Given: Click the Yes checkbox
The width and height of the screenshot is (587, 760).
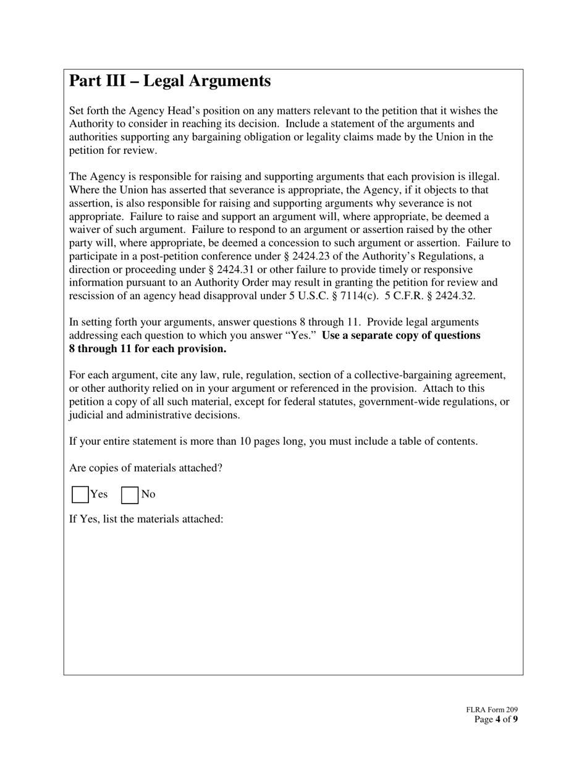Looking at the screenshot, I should click(80, 495).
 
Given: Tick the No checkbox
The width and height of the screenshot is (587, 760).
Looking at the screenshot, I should click(130, 495).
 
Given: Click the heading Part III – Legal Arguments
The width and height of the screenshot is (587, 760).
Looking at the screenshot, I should click(170, 81).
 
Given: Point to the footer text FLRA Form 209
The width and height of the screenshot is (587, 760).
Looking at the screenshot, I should click(492, 711).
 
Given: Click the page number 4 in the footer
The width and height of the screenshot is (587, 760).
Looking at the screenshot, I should click(498, 719).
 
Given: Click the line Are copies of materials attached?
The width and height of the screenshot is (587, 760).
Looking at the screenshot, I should click(146, 468).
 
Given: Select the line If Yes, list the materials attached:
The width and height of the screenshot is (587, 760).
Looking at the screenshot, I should click(146, 519).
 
